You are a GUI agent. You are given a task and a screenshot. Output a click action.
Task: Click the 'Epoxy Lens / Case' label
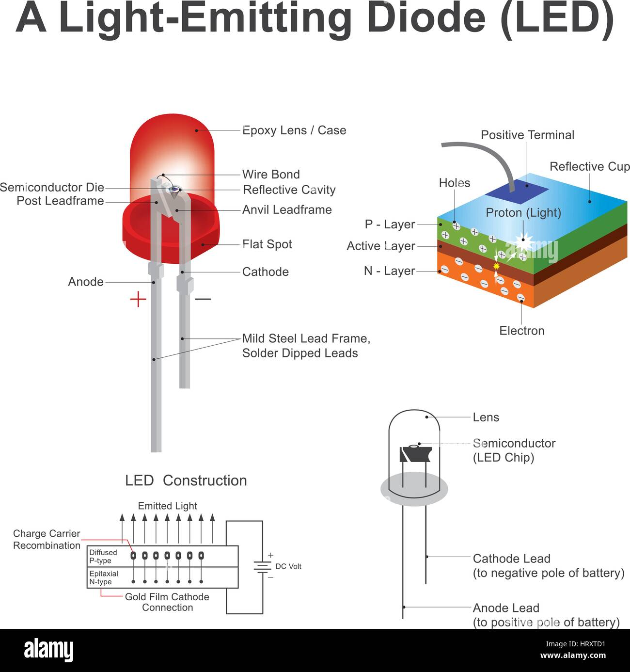click(x=294, y=130)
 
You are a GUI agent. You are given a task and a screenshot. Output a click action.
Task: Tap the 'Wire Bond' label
click(x=271, y=174)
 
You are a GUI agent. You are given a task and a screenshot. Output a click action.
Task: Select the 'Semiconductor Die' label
click(x=52, y=187)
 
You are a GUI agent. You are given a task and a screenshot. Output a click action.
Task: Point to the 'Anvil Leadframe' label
click(x=287, y=209)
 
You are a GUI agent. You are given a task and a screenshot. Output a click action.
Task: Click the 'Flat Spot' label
click(x=267, y=244)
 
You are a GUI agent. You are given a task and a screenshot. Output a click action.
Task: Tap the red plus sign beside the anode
click(x=138, y=299)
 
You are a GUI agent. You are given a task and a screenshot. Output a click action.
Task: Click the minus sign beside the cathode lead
click(x=203, y=299)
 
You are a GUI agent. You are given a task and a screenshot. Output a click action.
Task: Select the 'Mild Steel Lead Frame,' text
click(x=306, y=338)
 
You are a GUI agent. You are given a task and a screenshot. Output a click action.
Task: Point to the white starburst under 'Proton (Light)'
click(x=523, y=240)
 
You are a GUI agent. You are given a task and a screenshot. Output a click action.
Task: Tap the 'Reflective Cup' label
click(x=590, y=166)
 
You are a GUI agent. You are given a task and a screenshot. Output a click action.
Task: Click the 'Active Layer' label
click(x=380, y=246)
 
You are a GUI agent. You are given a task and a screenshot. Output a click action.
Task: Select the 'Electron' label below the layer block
click(x=522, y=331)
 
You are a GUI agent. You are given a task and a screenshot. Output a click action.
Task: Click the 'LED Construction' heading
click(x=186, y=480)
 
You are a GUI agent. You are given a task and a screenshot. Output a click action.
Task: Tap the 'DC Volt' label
click(x=288, y=566)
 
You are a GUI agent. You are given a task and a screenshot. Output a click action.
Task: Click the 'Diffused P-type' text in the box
click(x=103, y=556)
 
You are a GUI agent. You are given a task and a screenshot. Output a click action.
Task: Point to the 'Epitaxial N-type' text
click(x=104, y=577)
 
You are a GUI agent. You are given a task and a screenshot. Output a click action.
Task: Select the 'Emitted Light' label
click(x=167, y=506)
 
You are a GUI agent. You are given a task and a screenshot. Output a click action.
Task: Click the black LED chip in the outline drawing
click(x=415, y=454)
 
